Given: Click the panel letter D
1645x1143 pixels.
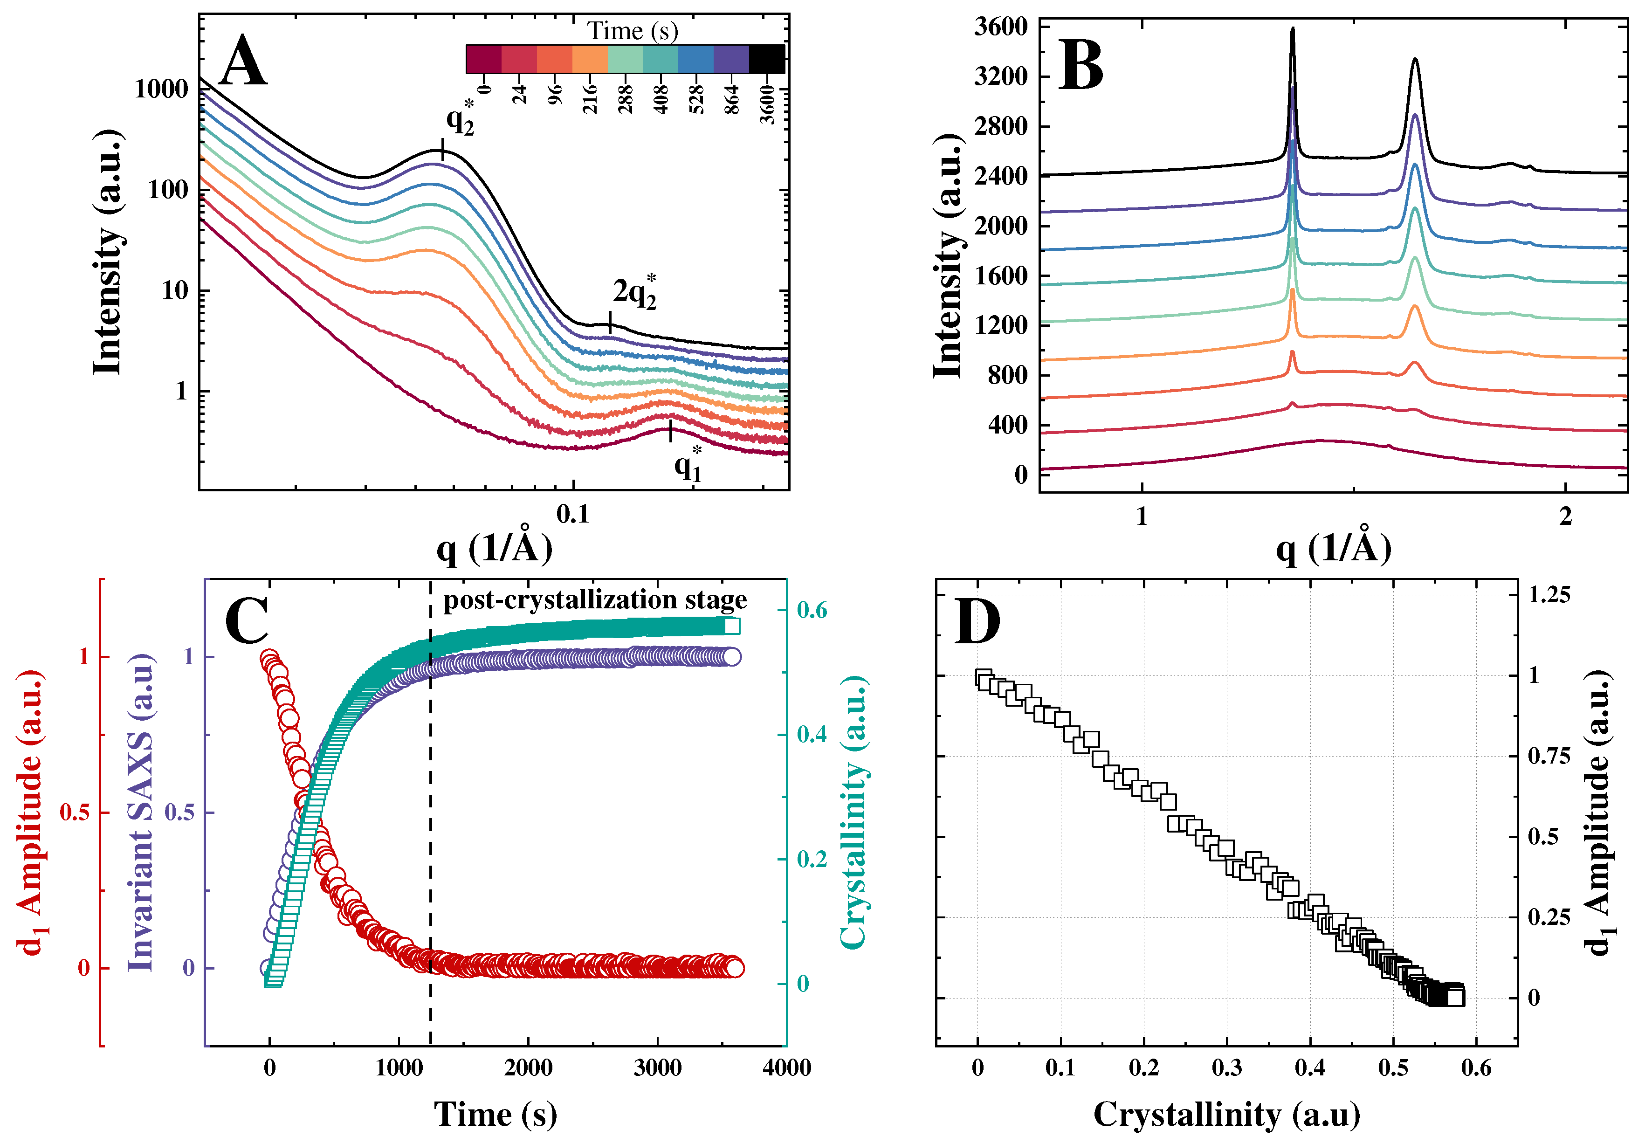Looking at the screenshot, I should point(977,622).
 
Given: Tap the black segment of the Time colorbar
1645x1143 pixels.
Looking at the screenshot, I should point(766,59).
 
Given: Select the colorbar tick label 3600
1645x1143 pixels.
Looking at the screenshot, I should point(767,104).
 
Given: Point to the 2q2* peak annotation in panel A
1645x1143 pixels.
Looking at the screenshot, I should point(634,293).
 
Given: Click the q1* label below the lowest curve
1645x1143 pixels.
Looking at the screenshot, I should point(688,466).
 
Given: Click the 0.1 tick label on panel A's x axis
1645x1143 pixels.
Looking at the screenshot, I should point(573,514).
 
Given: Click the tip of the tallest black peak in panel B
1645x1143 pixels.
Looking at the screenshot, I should point(1292,30).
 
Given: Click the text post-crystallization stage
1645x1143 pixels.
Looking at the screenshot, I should point(594,600).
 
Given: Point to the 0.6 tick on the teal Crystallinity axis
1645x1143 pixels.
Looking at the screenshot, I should point(812,610).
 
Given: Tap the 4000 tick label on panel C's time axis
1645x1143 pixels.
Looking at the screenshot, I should point(786,1068).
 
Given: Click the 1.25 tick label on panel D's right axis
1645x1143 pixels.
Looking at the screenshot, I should point(1549,594).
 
